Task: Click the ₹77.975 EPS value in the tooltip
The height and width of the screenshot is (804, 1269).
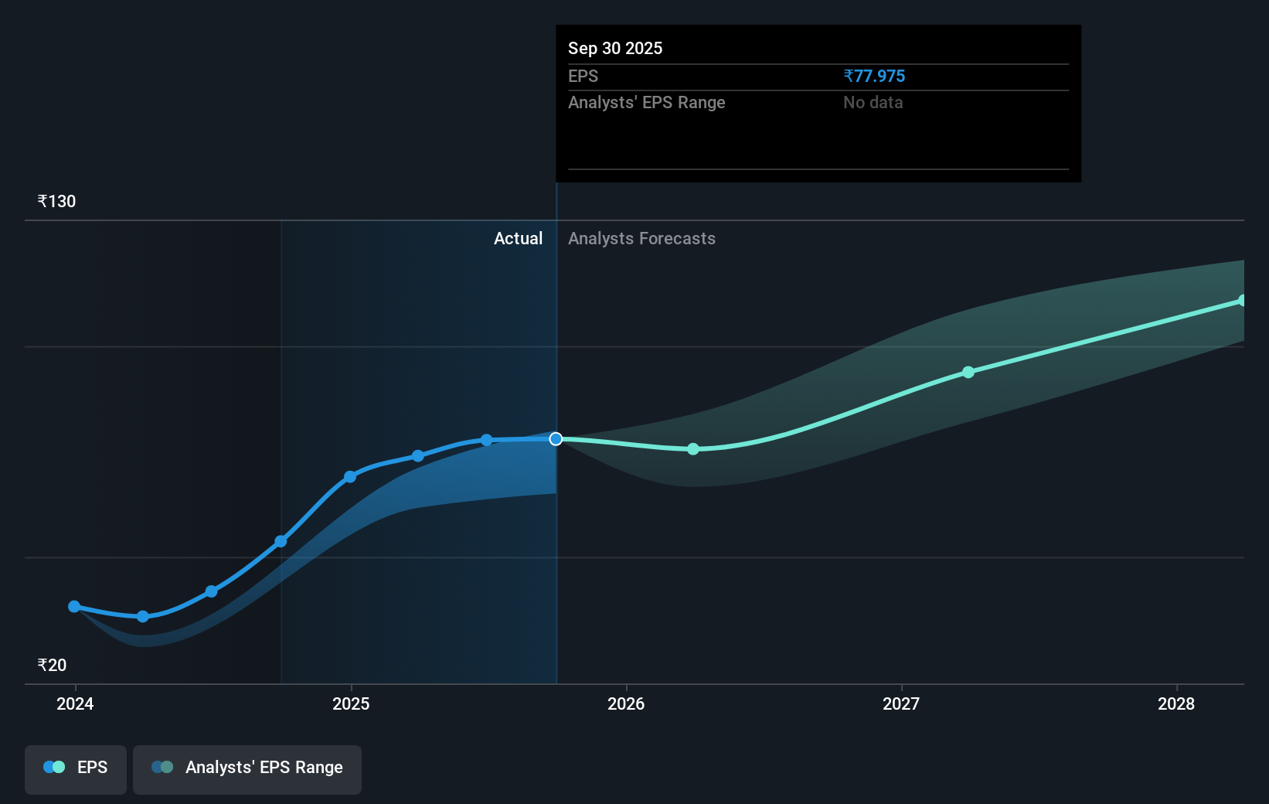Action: [x=874, y=76]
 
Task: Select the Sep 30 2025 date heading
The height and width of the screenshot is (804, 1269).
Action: [x=615, y=48]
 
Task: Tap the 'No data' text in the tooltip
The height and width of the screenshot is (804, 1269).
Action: [x=873, y=102]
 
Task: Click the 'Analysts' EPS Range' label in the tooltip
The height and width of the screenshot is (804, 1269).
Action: [x=646, y=102]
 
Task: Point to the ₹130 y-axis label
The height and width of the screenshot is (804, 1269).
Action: [x=56, y=201]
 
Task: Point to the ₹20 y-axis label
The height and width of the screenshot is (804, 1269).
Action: [x=52, y=665]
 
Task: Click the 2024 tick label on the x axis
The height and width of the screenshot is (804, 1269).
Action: [x=75, y=703]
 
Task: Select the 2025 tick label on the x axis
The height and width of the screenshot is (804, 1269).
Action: [x=351, y=703]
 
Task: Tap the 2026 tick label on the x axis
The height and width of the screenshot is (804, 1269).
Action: [x=626, y=703]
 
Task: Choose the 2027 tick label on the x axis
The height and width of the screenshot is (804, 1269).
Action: [x=901, y=703]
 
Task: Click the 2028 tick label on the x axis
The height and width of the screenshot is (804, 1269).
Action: [x=1176, y=703]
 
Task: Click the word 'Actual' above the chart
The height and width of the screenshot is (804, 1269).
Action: [x=518, y=238]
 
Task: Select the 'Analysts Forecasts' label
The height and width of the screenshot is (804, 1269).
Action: [x=641, y=238]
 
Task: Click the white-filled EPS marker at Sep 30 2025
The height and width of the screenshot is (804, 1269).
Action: [x=556, y=439]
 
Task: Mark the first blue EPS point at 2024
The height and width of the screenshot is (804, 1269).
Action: [x=74, y=607]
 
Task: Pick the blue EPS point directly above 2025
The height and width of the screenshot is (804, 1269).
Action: [x=350, y=476]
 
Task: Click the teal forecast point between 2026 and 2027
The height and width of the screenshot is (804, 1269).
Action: [x=693, y=449]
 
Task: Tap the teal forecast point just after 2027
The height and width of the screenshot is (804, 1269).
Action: [x=968, y=372]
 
